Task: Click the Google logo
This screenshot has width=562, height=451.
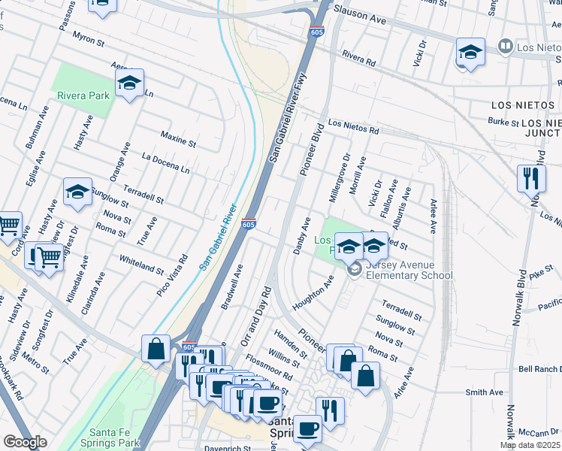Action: [24, 442]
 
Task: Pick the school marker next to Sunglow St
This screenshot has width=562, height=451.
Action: [77, 192]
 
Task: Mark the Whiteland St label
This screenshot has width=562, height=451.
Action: [141, 264]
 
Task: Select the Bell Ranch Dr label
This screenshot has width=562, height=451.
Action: [540, 369]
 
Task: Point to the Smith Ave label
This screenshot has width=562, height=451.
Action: [484, 392]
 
